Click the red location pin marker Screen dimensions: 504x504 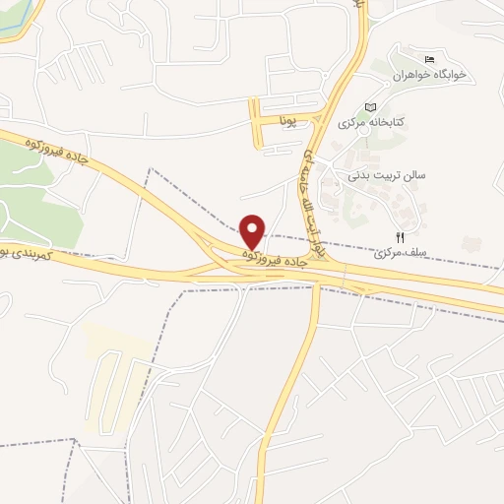[253, 230]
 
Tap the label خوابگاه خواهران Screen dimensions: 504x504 [428, 75]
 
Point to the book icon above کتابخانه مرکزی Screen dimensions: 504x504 [370, 106]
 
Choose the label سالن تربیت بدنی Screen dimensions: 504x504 [385, 174]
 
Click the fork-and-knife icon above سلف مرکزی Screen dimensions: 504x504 [399, 236]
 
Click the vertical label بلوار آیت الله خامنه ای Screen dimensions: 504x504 [312, 198]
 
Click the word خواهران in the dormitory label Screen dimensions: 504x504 [410, 75]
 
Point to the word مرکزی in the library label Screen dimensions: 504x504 [353, 123]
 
